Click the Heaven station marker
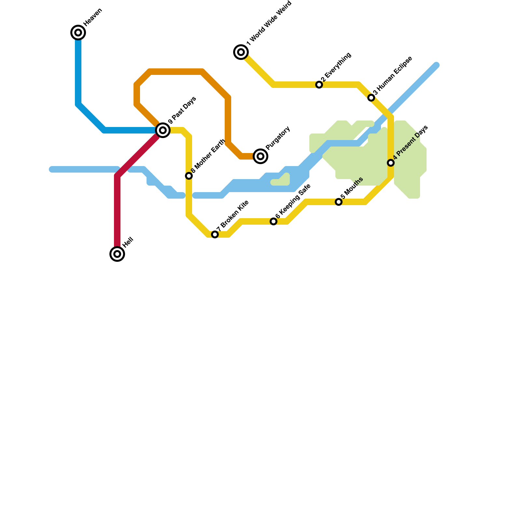pos(78,33)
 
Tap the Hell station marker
pos(117,254)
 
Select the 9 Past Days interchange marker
pos(163,130)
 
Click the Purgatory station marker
pos(260,156)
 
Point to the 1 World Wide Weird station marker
pos(241,52)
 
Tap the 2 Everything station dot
pos(319,85)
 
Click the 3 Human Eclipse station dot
pos(371,98)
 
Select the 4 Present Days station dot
pos(391,163)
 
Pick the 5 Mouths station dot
pos(339,202)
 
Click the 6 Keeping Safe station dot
pos(274,221)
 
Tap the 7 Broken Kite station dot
pos(215,234)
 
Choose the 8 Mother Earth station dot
pos(189,176)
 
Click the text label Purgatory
pos(278,138)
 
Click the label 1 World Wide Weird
pos(269,23)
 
